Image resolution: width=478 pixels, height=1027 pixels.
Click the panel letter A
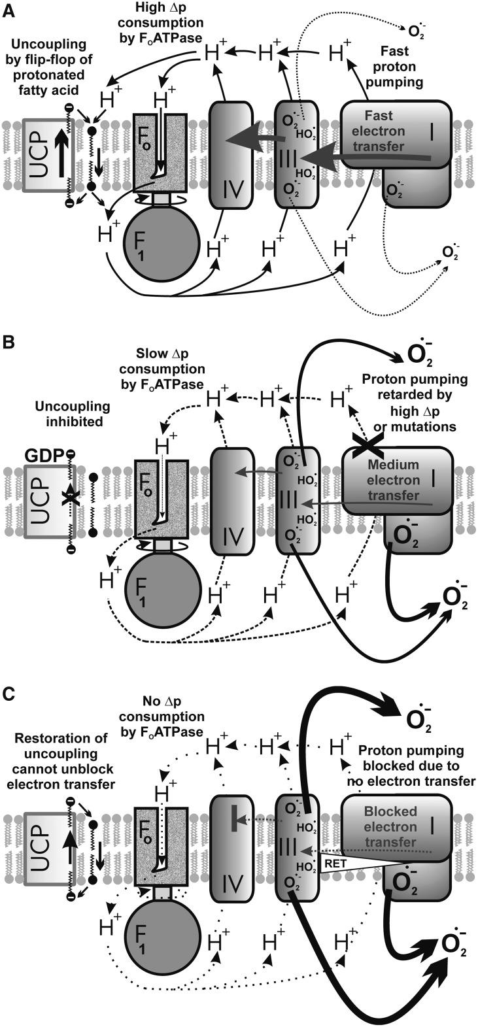[9, 8]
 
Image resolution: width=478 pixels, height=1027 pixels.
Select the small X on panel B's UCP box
[65, 499]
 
